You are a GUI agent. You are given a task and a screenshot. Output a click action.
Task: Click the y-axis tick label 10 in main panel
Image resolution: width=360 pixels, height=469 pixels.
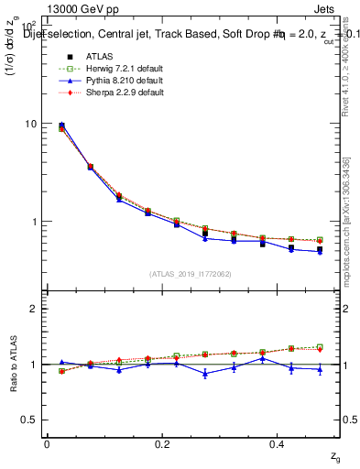point(30,124)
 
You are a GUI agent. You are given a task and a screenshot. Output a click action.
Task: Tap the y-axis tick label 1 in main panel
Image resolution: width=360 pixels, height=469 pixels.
point(33,222)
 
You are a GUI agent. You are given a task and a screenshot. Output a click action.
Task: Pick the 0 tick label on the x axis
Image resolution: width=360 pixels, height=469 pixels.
point(47,444)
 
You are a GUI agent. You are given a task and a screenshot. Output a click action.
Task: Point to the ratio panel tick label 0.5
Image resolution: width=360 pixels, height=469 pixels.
point(28,420)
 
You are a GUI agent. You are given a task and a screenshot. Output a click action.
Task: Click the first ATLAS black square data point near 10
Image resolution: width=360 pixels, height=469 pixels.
point(61,125)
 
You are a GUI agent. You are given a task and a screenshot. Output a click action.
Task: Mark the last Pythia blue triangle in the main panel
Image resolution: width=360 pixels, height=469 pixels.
point(320,252)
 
